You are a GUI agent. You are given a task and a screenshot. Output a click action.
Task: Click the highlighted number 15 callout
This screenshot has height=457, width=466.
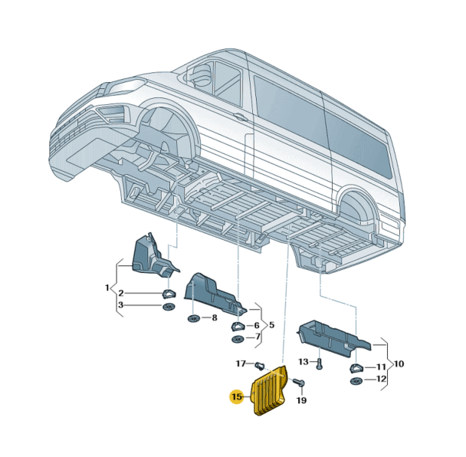coord(236,396)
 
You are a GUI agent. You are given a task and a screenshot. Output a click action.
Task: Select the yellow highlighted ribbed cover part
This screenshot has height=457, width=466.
coord(271,393)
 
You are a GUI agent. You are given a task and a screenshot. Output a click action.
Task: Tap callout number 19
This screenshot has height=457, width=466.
coord(301,400)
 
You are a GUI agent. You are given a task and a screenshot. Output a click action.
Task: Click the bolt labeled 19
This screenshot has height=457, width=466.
coord(300,383)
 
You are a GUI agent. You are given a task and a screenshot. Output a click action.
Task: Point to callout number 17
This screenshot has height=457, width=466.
coord(240,363)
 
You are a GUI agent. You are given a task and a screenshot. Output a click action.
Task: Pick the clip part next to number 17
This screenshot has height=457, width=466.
coord(259,365)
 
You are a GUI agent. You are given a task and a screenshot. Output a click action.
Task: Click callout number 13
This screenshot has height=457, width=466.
coord(303,361)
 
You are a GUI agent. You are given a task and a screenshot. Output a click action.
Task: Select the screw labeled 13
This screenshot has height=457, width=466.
coord(320,363)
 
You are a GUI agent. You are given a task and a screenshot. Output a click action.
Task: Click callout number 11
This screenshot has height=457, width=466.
coord(381,368)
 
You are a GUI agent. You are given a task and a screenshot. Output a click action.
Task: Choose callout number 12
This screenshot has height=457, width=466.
coord(381,380)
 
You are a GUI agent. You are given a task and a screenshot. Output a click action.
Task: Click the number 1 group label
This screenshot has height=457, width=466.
coord(107,288)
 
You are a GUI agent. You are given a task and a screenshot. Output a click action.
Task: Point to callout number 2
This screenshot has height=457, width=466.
coord(121,294)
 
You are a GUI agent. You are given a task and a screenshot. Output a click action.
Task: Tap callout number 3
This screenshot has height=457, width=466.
coord(121,306)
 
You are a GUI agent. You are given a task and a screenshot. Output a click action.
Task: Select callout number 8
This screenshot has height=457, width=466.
coord(214,317)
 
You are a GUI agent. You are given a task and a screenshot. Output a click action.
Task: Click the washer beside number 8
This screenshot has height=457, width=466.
coord(192,317)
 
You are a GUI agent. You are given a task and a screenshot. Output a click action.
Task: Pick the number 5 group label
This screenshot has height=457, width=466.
coord(271,324)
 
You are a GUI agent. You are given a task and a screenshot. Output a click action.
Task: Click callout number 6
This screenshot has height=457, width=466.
coord(257,325)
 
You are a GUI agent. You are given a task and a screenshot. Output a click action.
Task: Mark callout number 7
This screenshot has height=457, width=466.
coord(258,337)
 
